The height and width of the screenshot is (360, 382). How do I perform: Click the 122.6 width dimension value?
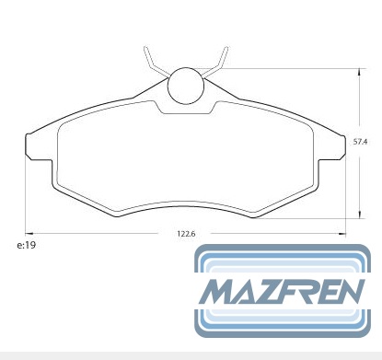tap(186, 234)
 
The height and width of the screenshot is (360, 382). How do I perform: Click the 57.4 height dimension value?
tap(360, 142)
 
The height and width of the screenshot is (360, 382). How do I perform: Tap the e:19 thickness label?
tap(27, 245)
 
